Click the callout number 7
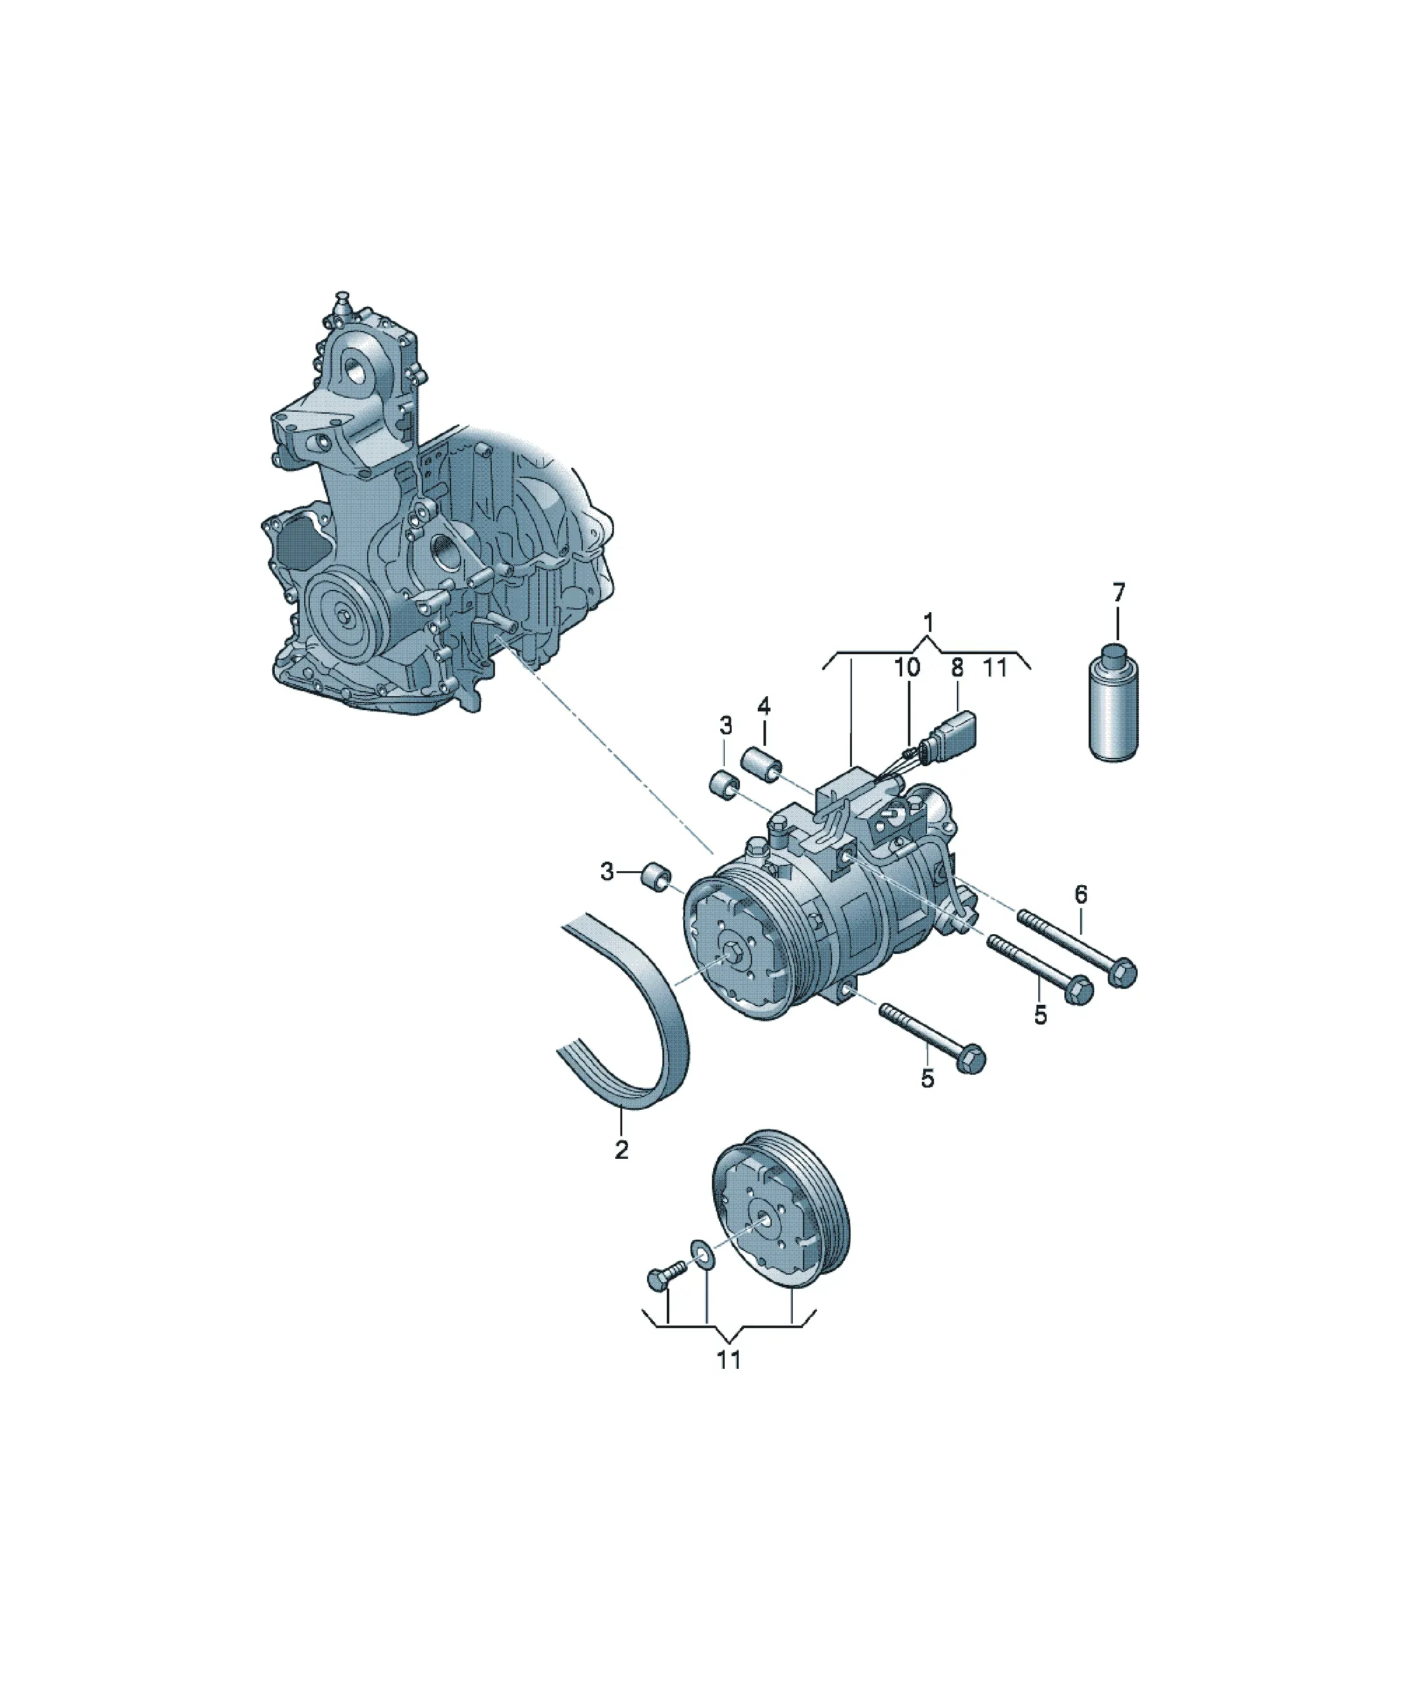pos(1119,593)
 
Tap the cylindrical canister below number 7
pos(1114,702)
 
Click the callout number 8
pos(957,667)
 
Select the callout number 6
pos(1080,893)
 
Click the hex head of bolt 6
pos(1122,974)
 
